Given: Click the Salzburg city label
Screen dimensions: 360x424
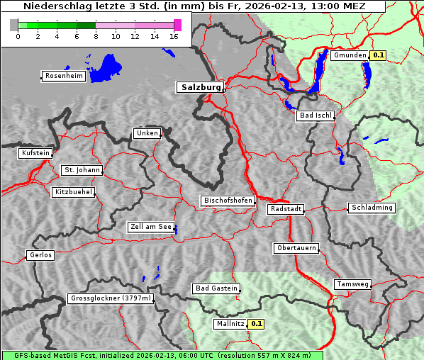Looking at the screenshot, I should pyautogui.click(x=199, y=87).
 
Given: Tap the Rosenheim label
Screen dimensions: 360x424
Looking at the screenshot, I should pyautogui.click(x=62, y=76).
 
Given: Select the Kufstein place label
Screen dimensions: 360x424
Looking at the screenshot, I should pyautogui.click(x=35, y=153).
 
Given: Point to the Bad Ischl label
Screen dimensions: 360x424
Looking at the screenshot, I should pyautogui.click(x=315, y=116).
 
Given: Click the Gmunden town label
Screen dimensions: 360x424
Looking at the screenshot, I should pyautogui.click(x=349, y=55).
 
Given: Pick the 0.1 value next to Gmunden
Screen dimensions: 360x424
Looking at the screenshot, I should pyautogui.click(x=378, y=55).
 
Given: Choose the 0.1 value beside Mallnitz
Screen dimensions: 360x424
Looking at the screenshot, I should pyautogui.click(x=255, y=324).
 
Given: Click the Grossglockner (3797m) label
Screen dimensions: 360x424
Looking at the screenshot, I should pyautogui.click(x=110, y=298).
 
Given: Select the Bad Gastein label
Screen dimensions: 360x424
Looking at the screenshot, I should pyautogui.click(x=216, y=288).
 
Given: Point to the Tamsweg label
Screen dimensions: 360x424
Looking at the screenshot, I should pyautogui.click(x=352, y=284).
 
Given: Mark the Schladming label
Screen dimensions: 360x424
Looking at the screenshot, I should pyautogui.click(x=372, y=208).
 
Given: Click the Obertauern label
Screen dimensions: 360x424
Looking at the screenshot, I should pyautogui.click(x=296, y=248).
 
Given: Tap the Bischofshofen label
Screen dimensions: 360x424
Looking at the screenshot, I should pyautogui.click(x=228, y=201).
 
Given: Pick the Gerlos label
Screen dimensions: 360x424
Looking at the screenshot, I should pyautogui.click(x=40, y=255).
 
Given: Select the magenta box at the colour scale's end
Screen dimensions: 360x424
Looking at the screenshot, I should pyautogui.click(x=177, y=25).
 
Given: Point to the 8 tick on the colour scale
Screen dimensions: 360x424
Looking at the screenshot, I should pyautogui.click(x=96, y=35).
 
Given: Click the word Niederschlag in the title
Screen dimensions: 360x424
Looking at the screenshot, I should pyautogui.click(x=53, y=6).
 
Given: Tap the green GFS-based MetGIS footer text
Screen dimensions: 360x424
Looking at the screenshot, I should pyautogui.click(x=162, y=355).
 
